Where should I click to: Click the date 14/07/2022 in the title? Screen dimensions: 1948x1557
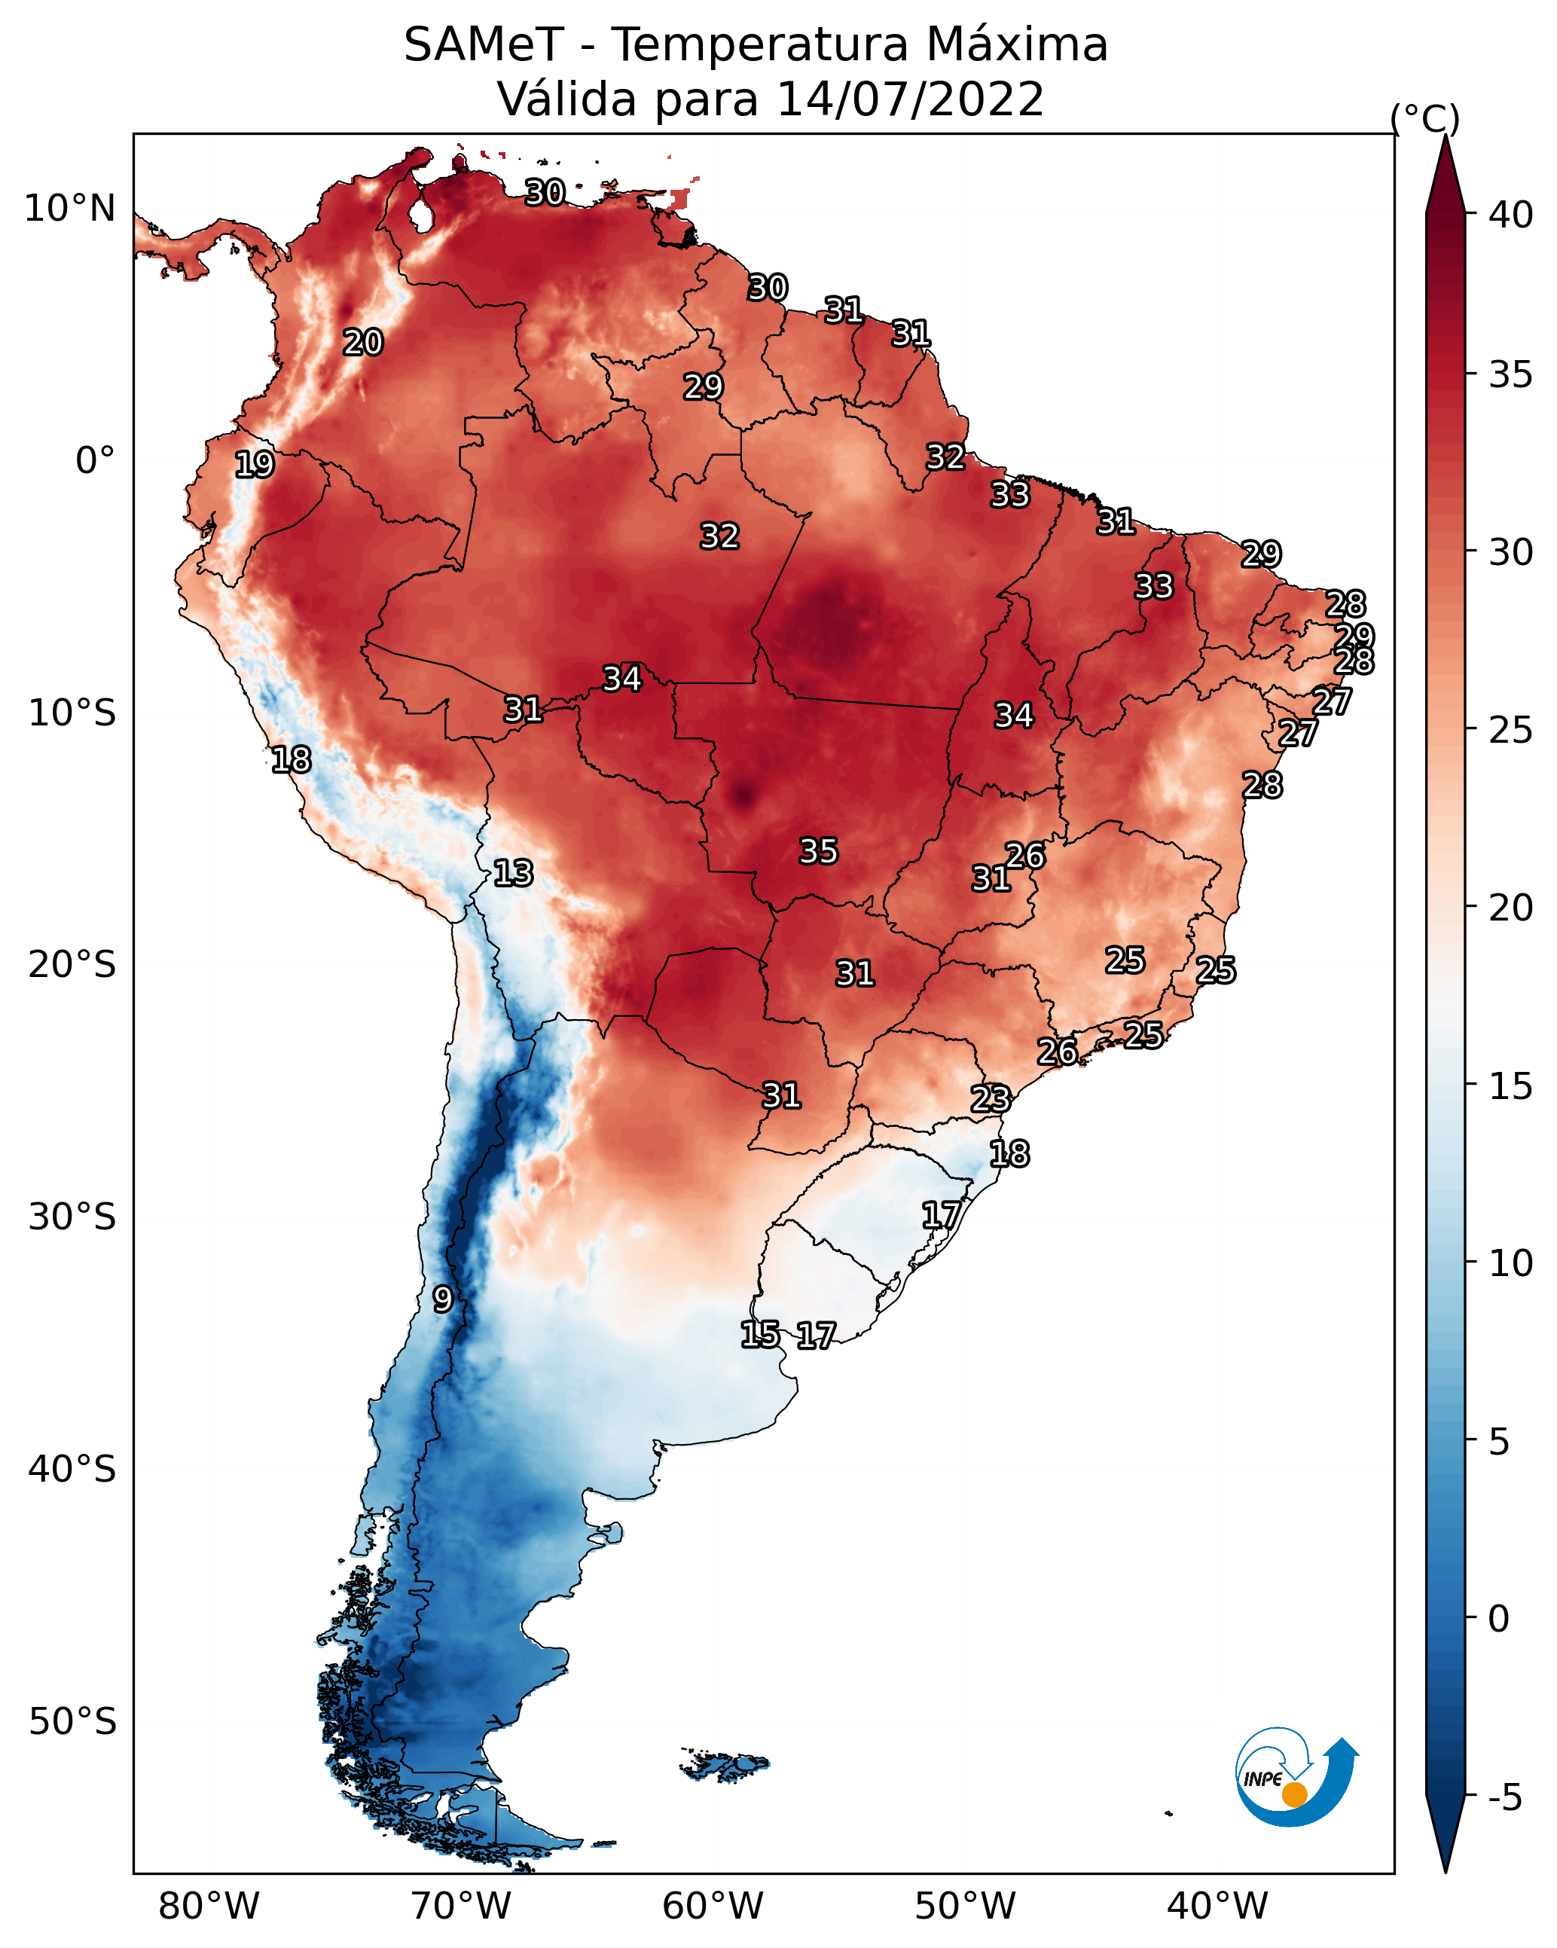(909, 99)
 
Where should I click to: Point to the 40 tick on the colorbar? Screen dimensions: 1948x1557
(1510, 215)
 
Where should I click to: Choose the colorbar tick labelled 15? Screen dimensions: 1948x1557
(1510, 1086)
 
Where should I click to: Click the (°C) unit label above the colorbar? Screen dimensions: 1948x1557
(1424, 118)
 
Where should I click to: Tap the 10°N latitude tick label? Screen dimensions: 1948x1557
(69, 209)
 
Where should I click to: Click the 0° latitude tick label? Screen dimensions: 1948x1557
(95, 461)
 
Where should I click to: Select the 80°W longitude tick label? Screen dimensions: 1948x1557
(209, 1906)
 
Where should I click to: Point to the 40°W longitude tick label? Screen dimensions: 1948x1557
(1217, 1906)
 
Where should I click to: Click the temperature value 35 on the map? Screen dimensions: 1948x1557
(819, 851)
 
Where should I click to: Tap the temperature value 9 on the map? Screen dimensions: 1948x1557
(442, 1299)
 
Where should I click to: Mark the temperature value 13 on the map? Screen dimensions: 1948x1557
(513, 873)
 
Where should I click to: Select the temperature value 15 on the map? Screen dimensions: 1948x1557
(760, 1335)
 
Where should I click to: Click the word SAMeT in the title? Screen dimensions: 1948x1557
(484, 44)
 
